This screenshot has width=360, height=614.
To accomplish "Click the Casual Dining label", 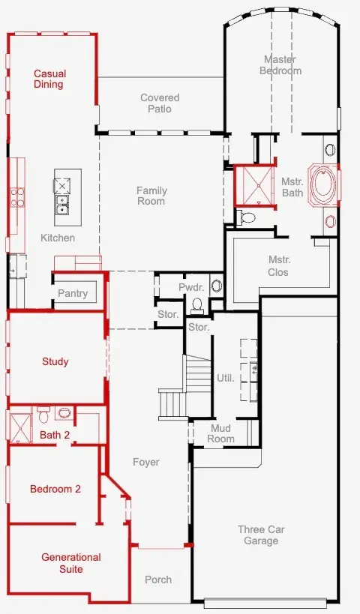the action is pos(49,79).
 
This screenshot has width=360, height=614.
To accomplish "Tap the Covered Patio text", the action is pos(160,103).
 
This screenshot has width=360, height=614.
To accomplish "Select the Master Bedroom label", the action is pos(280,65).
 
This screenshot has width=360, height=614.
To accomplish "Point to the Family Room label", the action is pos(151,196).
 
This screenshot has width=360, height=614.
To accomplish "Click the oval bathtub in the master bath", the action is pos(323,185).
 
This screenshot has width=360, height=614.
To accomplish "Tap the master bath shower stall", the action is pos(255,185).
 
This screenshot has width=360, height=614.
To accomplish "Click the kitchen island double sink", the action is pos(62,204).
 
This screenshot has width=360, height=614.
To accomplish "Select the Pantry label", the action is pos(73,293).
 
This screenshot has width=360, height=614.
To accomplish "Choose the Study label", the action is pos(55,361).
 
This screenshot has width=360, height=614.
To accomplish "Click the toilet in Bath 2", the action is pos(43,416).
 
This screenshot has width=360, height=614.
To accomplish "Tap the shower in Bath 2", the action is pos(20,427).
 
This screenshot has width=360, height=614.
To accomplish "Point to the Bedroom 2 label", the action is pos(55,489).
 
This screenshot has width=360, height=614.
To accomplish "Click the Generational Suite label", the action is pos(71,563).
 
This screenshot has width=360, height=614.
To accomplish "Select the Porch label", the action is pos(158,580).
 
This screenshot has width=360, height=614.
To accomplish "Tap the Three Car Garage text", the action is pos(261,535).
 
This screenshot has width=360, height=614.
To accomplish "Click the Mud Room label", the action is pos(221,433).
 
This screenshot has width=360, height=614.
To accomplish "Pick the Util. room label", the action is pos(226,379).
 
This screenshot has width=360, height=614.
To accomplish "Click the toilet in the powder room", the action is pos(197,306).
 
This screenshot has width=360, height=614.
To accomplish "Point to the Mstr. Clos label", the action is pos(278,266).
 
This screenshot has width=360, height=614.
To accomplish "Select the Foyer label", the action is pos(146,463).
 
